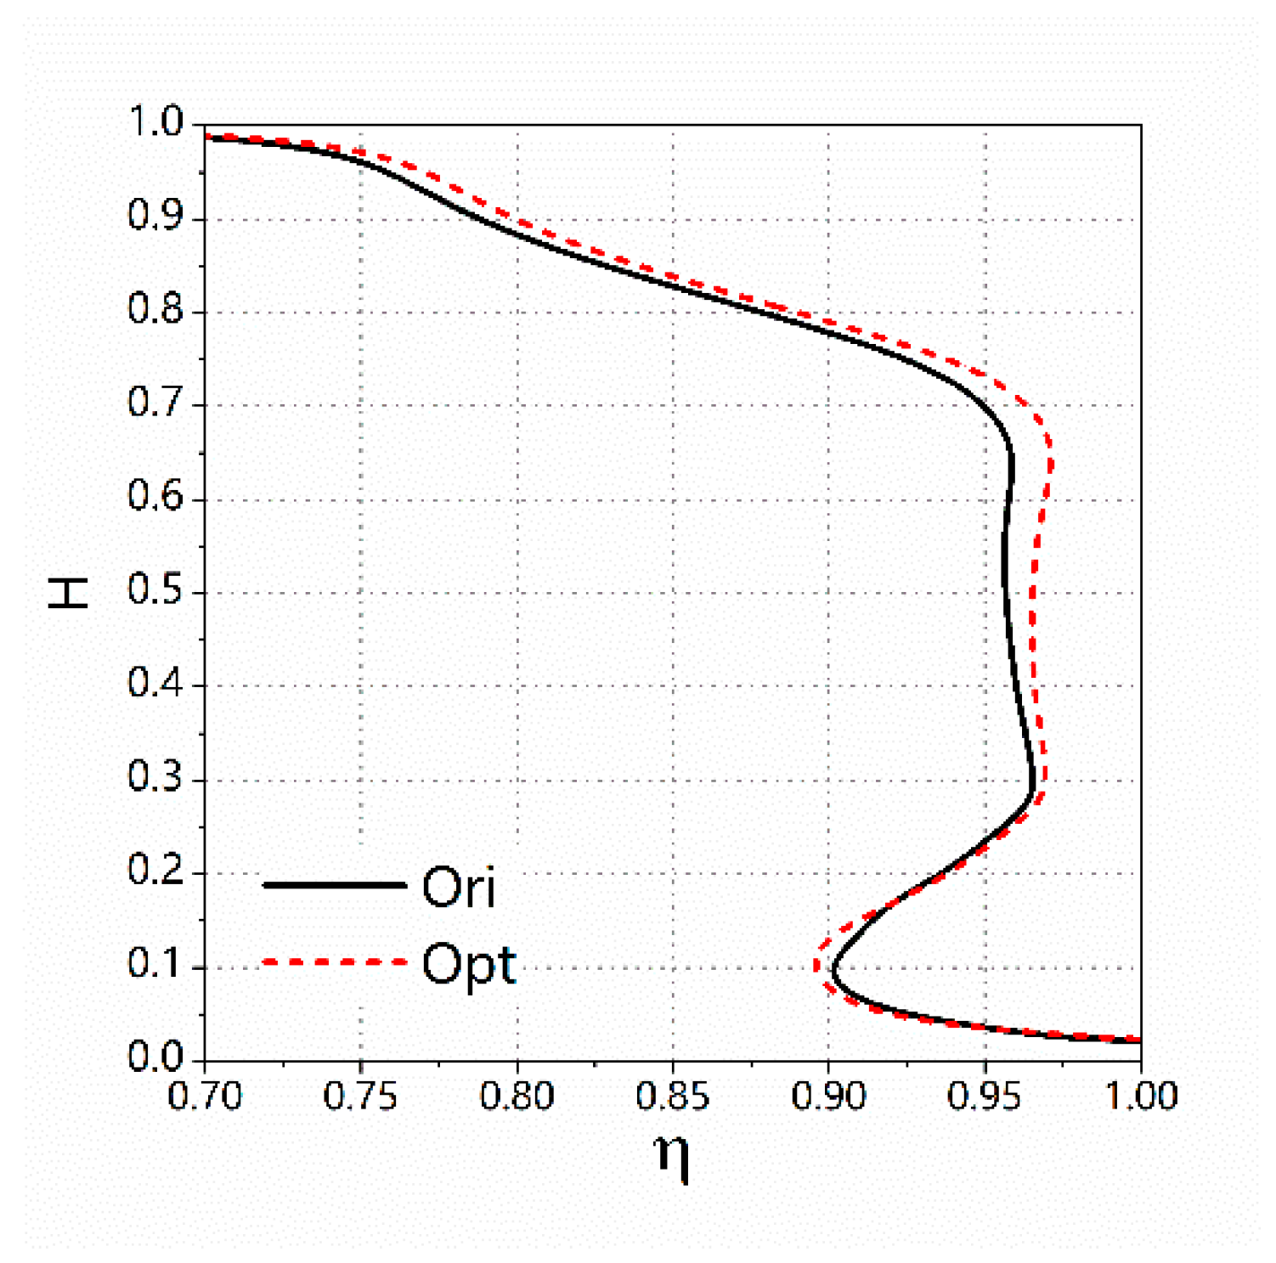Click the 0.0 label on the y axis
(x=155, y=1057)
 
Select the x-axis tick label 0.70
(x=205, y=1097)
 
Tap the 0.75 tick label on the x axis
(x=361, y=1097)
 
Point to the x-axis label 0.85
(x=673, y=1097)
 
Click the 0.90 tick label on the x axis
(x=828, y=1097)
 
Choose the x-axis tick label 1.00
(x=1141, y=1097)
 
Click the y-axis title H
(x=68, y=592)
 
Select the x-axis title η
(x=672, y=1156)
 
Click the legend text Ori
(x=459, y=887)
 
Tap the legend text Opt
(x=469, y=965)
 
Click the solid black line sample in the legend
(x=335, y=885)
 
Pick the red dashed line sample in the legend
(x=335, y=961)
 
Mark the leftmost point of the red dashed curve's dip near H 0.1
(x=816, y=966)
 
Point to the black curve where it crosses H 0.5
(x=1005, y=592)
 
